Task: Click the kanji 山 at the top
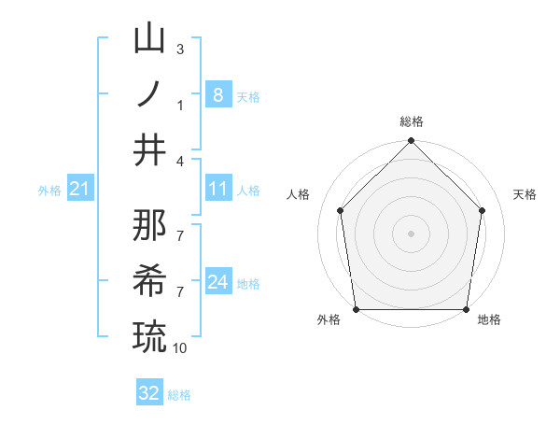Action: (149, 40)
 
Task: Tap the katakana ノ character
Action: (149, 95)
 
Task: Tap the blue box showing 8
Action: (217, 95)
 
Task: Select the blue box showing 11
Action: (217, 190)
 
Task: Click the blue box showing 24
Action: (217, 282)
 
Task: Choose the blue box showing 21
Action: (79, 190)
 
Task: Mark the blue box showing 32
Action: (149, 393)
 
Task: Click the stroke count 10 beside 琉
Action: (180, 347)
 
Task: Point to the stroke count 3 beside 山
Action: (180, 49)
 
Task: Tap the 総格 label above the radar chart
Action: (411, 121)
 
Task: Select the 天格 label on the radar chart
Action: (525, 194)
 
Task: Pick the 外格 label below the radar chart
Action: (329, 320)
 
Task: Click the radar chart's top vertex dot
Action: (411, 142)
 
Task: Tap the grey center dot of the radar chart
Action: (411, 233)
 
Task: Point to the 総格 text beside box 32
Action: (179, 395)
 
